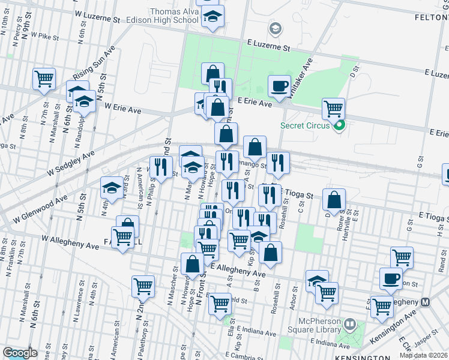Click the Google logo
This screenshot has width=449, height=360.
coord(20,353)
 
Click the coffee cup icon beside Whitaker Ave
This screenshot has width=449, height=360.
coord(279,86)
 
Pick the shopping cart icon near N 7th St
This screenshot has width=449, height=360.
coord(44,79)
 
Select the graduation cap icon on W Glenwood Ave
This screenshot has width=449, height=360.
coord(112,188)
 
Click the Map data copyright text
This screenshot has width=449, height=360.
coord(424,355)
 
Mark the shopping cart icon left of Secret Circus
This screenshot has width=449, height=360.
coord(333,109)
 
